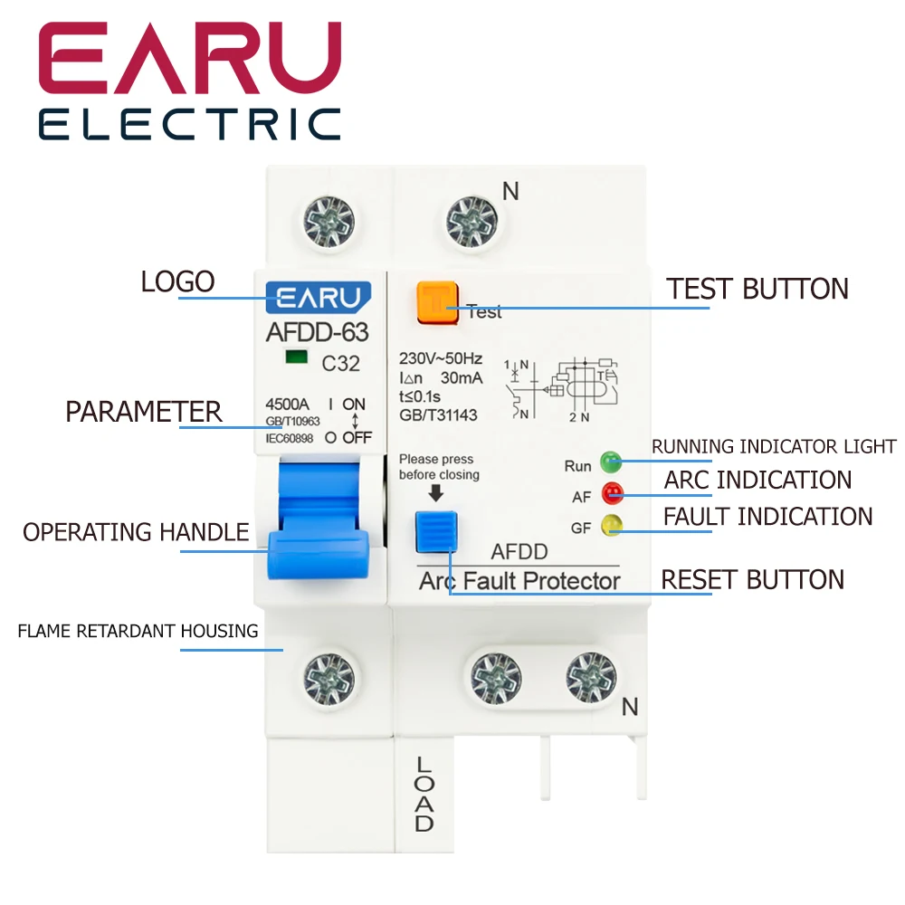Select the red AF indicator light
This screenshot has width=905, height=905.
pyautogui.click(x=613, y=494)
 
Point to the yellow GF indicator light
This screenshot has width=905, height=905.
pyautogui.click(x=613, y=524)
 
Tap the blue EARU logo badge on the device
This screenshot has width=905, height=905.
pyautogui.click(x=318, y=297)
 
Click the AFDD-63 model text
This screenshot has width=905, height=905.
pyautogui.click(x=317, y=331)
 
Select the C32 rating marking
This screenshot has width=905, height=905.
pyautogui.click(x=341, y=364)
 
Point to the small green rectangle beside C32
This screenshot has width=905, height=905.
pyautogui.click(x=293, y=357)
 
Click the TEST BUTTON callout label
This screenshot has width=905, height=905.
pyautogui.click(x=757, y=289)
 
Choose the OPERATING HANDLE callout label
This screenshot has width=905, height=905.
pyautogui.click(x=136, y=532)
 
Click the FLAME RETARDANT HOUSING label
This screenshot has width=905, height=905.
pyautogui.click(x=138, y=631)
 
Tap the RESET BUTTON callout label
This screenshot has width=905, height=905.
pyautogui.click(x=752, y=579)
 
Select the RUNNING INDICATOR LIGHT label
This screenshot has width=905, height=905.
pyautogui.click(x=774, y=446)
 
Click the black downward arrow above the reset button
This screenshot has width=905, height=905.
pyautogui.click(x=436, y=492)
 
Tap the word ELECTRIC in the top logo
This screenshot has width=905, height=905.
pyautogui.click(x=190, y=123)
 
